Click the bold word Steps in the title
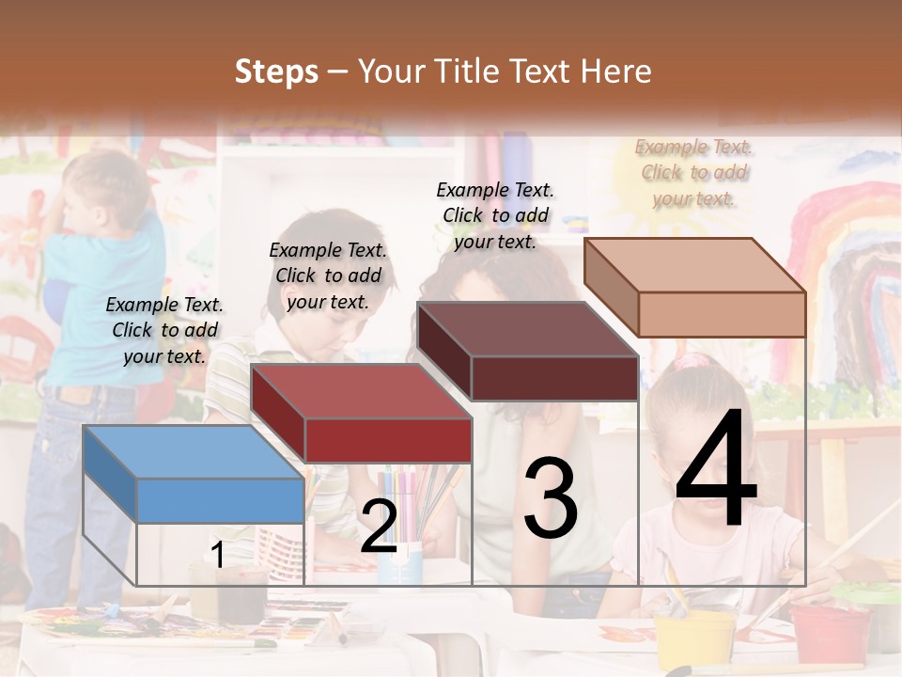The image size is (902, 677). point(276,71)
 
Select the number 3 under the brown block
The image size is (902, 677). point(551,498)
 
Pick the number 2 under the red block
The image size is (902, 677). point(379,527)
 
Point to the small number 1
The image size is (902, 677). point(218,555)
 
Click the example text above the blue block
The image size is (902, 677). point(164,330)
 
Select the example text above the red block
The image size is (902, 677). point(328,276)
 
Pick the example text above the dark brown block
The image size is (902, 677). point(495,215)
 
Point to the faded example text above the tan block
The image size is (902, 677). point(693,172)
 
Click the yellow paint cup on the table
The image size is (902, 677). point(696,638)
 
